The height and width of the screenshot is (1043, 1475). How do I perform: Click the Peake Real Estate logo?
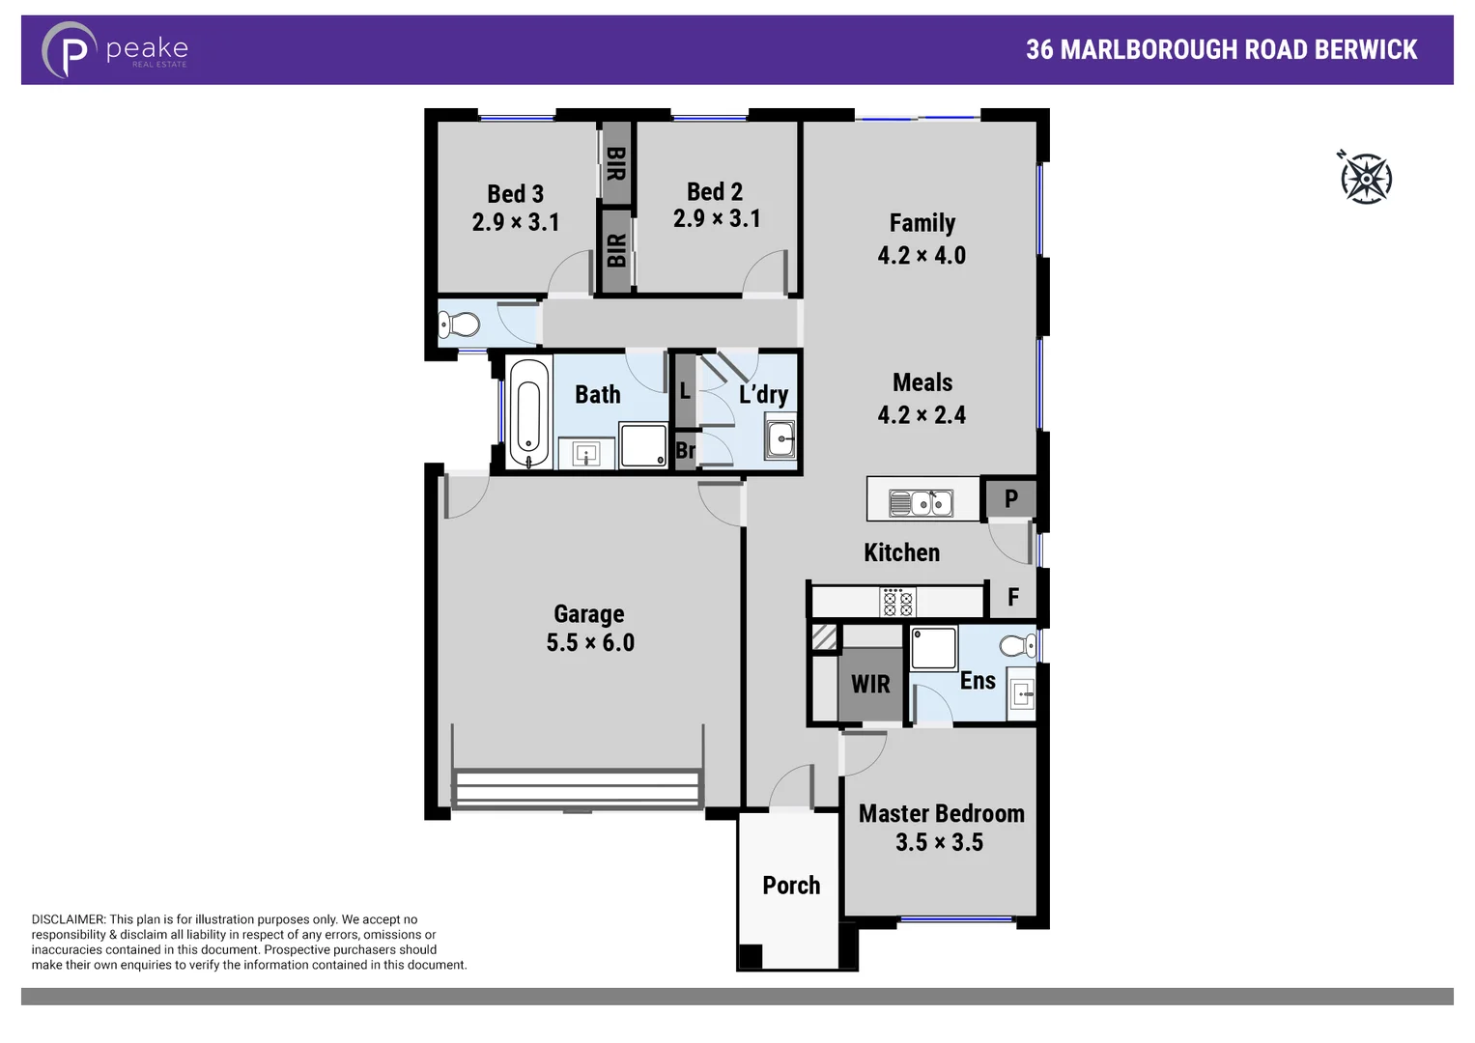tap(114, 50)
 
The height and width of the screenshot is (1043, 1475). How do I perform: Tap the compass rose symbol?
tap(1365, 178)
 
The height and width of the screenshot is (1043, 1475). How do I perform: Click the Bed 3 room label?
tap(515, 194)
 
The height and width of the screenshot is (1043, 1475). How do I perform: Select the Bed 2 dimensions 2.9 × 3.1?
tap(717, 219)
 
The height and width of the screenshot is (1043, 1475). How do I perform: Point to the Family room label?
tap(922, 223)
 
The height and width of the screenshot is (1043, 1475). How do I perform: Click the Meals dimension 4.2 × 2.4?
tap(922, 415)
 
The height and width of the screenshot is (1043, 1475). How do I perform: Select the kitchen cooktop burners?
tap(897, 603)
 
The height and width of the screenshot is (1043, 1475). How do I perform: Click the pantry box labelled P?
tap(1010, 498)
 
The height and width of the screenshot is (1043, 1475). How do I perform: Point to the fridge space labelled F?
tap(1012, 598)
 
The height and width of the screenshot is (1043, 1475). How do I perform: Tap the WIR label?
tap(870, 685)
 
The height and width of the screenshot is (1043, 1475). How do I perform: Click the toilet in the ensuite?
tap(1018, 645)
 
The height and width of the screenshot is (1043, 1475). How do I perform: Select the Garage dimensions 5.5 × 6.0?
tap(590, 643)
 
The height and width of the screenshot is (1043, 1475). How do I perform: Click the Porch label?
tap(791, 886)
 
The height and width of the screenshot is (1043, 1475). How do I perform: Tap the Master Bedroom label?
tap(941, 814)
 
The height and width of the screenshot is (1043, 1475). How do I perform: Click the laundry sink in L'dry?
tap(780, 439)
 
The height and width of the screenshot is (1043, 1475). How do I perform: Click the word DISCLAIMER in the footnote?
tap(68, 919)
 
